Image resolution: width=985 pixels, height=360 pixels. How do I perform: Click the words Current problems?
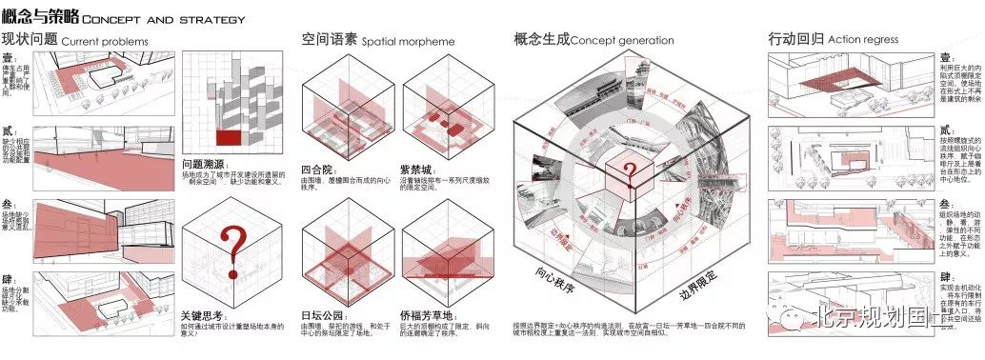click(105, 41)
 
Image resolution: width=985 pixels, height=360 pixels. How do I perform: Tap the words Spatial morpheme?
click(408, 41)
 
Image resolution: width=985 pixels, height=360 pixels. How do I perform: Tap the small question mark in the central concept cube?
click(628, 172)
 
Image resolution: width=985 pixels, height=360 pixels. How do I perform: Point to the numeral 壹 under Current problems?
click(8, 58)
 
